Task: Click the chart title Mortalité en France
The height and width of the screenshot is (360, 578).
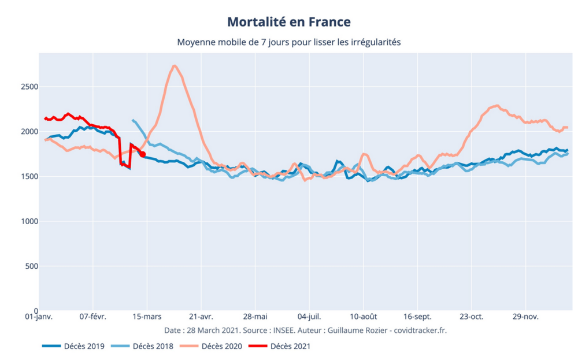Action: pyautogui.click(x=289, y=22)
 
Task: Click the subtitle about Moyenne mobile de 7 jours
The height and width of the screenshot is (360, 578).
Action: pyautogui.click(x=289, y=42)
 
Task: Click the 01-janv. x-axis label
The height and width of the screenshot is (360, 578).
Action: pyautogui.click(x=39, y=317)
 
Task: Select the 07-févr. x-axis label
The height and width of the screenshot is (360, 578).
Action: pyautogui.click(x=93, y=317)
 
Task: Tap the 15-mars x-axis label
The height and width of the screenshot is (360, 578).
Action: pyautogui.click(x=147, y=317)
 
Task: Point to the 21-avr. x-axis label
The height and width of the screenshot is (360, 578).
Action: pyautogui.click(x=201, y=317)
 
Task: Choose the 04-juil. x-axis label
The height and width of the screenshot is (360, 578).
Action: pyautogui.click(x=309, y=317)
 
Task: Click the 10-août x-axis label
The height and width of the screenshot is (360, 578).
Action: pyautogui.click(x=363, y=317)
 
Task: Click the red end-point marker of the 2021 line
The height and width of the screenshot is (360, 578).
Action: pyautogui.click(x=143, y=154)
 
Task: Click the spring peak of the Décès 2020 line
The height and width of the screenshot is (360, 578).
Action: pyautogui.click(x=175, y=66)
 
